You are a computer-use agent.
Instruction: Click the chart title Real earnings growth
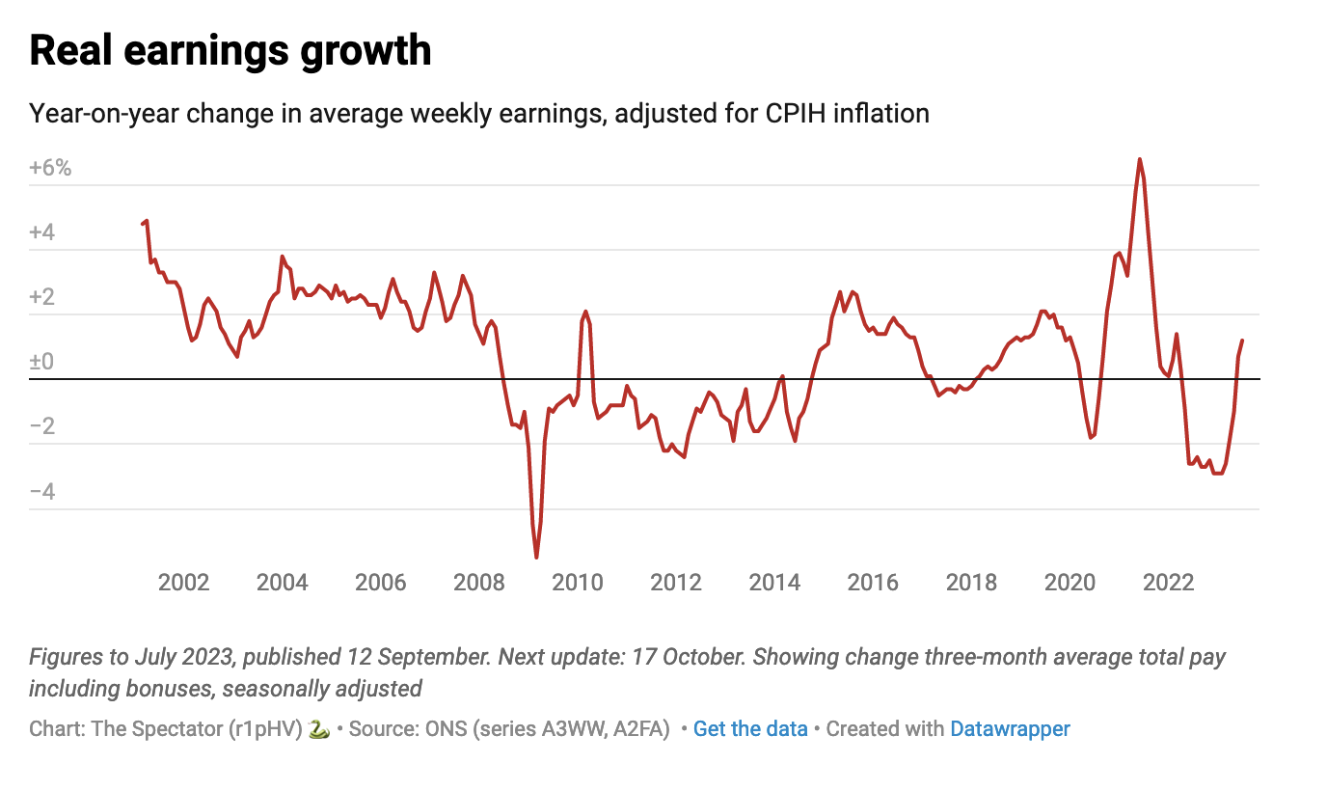coord(230,50)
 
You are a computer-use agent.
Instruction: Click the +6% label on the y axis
coord(50,168)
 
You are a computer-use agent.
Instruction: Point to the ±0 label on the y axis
coord(42,362)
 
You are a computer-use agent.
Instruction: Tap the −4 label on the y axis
coord(42,492)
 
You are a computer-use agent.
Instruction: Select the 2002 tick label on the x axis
coord(183,583)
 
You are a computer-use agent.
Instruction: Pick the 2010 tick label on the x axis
coord(577,583)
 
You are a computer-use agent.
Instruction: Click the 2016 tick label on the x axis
coord(873,583)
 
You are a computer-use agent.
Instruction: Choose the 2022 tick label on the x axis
coord(1168,583)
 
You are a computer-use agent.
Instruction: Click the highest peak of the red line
coord(1139,159)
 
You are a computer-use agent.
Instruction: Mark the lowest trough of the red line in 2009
coord(536,557)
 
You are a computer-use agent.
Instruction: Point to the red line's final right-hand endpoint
coord(1242,341)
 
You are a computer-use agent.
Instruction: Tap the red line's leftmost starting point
coord(142,224)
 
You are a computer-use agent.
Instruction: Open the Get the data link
coord(750,729)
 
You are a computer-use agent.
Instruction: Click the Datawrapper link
coord(1010,729)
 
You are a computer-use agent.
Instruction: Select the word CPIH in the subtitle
coord(797,114)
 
